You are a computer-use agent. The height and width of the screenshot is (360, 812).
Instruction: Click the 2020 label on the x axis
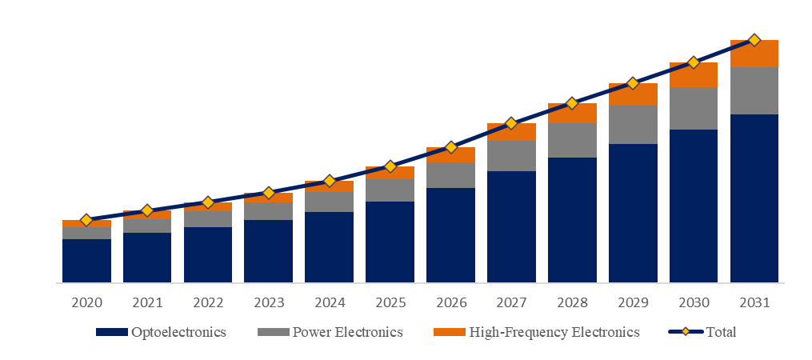click(x=86, y=303)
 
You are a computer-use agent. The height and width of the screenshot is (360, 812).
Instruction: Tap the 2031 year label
click(x=754, y=303)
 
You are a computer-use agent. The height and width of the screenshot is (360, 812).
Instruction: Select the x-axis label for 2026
click(x=450, y=303)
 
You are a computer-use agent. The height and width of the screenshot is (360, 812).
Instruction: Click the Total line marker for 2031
click(x=754, y=40)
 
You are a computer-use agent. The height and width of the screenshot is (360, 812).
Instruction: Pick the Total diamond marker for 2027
click(x=511, y=124)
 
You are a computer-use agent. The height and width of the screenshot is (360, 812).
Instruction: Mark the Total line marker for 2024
click(x=329, y=182)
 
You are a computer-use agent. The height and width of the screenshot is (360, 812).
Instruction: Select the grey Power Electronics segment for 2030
click(x=694, y=108)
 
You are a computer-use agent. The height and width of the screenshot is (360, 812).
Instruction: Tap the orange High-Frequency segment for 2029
click(x=633, y=94)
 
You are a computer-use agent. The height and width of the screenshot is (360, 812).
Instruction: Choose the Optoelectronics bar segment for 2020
click(x=86, y=261)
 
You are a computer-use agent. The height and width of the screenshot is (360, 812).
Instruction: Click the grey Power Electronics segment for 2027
click(x=511, y=155)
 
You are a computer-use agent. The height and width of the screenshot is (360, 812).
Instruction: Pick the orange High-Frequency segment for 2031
click(x=754, y=54)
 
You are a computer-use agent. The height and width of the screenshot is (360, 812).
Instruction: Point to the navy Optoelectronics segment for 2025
click(x=390, y=242)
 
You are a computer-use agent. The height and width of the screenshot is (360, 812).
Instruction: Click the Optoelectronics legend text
click(x=178, y=332)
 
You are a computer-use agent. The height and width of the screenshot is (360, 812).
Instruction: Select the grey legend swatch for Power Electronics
click(x=270, y=332)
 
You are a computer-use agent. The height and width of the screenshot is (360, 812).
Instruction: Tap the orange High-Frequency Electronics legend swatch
click(x=448, y=332)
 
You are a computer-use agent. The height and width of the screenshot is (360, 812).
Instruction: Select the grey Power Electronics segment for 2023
click(x=268, y=211)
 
